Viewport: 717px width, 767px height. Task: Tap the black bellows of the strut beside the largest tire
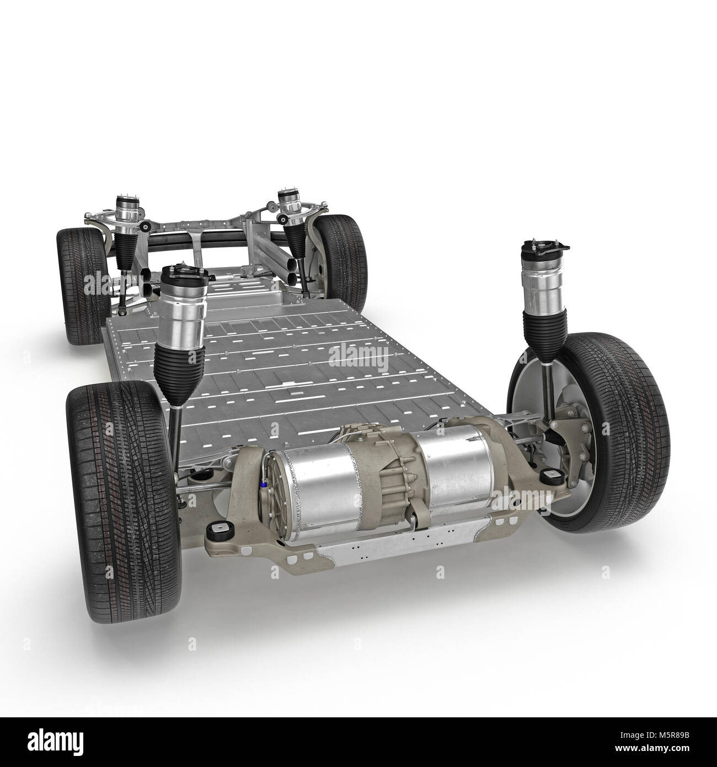coord(175,351)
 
